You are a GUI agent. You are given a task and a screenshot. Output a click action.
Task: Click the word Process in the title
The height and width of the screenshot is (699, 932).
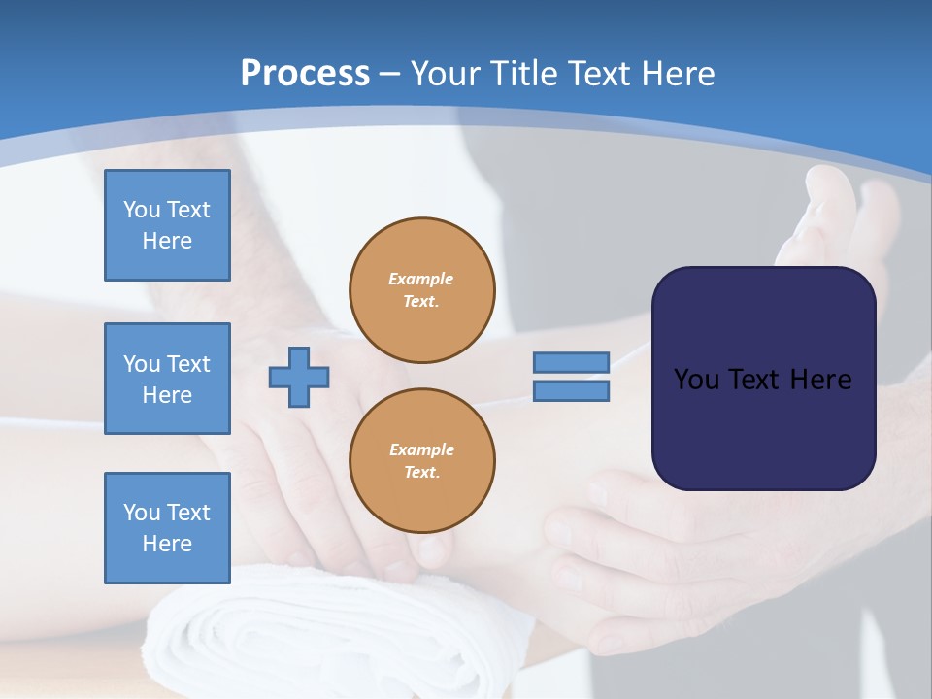(x=305, y=74)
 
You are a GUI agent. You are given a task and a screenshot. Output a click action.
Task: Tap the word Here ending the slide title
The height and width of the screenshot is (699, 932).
(x=676, y=74)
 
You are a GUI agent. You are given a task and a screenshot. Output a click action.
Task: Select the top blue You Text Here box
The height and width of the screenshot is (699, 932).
(x=167, y=225)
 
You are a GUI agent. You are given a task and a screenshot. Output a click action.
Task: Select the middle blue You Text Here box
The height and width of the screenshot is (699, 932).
(x=167, y=379)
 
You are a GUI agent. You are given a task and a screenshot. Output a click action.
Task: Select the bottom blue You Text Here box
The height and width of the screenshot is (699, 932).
(x=167, y=527)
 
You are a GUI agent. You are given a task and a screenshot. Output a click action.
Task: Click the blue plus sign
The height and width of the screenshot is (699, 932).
(x=299, y=377)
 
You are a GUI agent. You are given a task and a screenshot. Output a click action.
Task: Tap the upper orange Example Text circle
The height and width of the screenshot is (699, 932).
(x=422, y=289)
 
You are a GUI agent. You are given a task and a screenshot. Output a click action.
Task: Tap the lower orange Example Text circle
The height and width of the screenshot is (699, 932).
(x=422, y=460)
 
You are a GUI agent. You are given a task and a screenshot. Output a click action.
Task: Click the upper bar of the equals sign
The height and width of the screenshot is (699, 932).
(x=571, y=362)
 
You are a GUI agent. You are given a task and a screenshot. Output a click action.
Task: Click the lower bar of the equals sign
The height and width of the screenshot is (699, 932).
(x=571, y=391)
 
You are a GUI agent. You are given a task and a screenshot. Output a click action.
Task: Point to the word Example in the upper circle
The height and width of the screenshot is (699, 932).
(x=421, y=279)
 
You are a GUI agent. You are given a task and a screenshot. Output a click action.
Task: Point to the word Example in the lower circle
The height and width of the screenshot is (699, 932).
(x=421, y=449)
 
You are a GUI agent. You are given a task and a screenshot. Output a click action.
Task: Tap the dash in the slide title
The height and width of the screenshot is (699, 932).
(x=389, y=74)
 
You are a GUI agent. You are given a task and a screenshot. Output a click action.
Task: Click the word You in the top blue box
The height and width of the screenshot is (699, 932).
(x=142, y=210)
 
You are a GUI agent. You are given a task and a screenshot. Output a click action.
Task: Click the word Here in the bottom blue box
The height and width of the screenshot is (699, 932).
(x=167, y=544)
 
